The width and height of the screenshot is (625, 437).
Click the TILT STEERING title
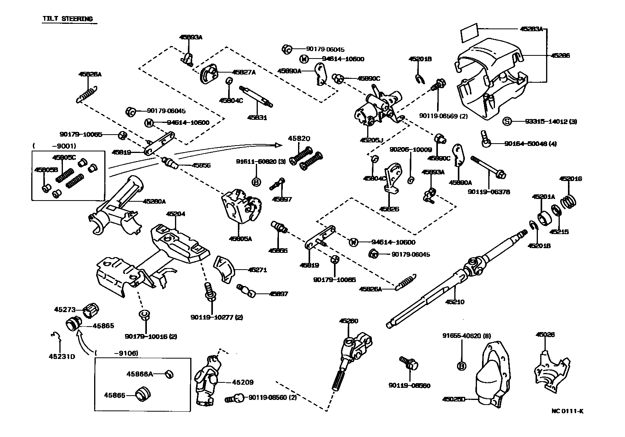coord(68,19)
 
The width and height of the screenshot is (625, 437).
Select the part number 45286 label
coord(560,56)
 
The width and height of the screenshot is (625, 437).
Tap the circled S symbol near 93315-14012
coord(506,121)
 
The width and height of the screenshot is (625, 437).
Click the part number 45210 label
coord(455,302)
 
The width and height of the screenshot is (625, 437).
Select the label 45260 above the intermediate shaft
coord(348,321)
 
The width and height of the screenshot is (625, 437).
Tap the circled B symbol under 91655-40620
coord(462,366)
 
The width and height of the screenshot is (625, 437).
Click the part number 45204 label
coord(175,214)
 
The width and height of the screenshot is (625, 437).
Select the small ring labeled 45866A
coord(169,375)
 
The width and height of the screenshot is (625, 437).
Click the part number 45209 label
coord(243,382)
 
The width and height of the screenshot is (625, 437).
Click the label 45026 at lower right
coord(545,335)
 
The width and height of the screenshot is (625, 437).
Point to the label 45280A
coord(154,202)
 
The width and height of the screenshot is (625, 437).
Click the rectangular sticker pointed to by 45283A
coord(469,34)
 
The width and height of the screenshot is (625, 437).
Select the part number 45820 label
coord(299,139)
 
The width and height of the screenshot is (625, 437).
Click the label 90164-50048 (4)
coord(530,144)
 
